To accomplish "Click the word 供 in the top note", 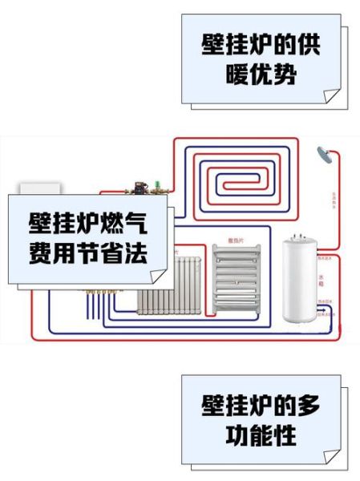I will (x=307, y=46).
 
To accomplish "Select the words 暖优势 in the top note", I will (x=261, y=75).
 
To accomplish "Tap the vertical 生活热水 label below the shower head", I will (x=333, y=197).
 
